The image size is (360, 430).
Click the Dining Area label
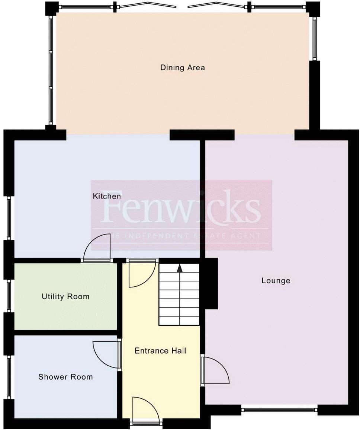tap(182, 68)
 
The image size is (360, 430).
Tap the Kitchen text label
tap(107, 196)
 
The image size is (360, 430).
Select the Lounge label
tap(276, 281)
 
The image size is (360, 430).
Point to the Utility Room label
tap(65, 297)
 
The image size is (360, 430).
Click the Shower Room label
tap(65, 377)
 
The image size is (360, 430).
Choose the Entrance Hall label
tap(160, 351)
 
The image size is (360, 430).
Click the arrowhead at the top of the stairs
tap(180, 268)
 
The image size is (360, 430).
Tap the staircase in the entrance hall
tap(179, 294)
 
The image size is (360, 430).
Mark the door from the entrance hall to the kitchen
tap(141, 274)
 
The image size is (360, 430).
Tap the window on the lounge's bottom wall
tap(279, 410)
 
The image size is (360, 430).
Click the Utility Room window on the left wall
tap(9, 296)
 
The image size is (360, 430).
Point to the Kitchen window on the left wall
tap(9, 218)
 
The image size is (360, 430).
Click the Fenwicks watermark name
tap(181, 207)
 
